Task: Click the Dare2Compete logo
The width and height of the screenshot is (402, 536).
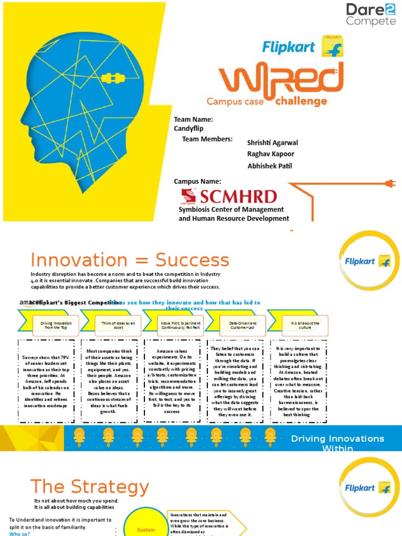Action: [x=371, y=15]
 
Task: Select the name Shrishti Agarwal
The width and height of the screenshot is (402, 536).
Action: [x=272, y=143]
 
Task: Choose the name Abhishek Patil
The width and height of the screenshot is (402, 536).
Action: [x=270, y=166]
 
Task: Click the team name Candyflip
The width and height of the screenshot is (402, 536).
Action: [x=189, y=128]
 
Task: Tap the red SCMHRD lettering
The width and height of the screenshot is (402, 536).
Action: [x=237, y=197]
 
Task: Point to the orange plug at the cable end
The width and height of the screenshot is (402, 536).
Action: [x=389, y=183]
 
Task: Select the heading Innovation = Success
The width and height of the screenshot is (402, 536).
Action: [x=130, y=260]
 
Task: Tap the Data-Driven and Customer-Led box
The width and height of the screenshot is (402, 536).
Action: [x=242, y=326]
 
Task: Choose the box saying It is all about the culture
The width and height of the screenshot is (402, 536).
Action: [x=305, y=326]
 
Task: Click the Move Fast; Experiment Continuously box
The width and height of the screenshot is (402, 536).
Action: [x=181, y=326]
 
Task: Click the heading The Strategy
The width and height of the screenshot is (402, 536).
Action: [x=90, y=487]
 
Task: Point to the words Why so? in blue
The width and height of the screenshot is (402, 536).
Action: [x=20, y=533]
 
